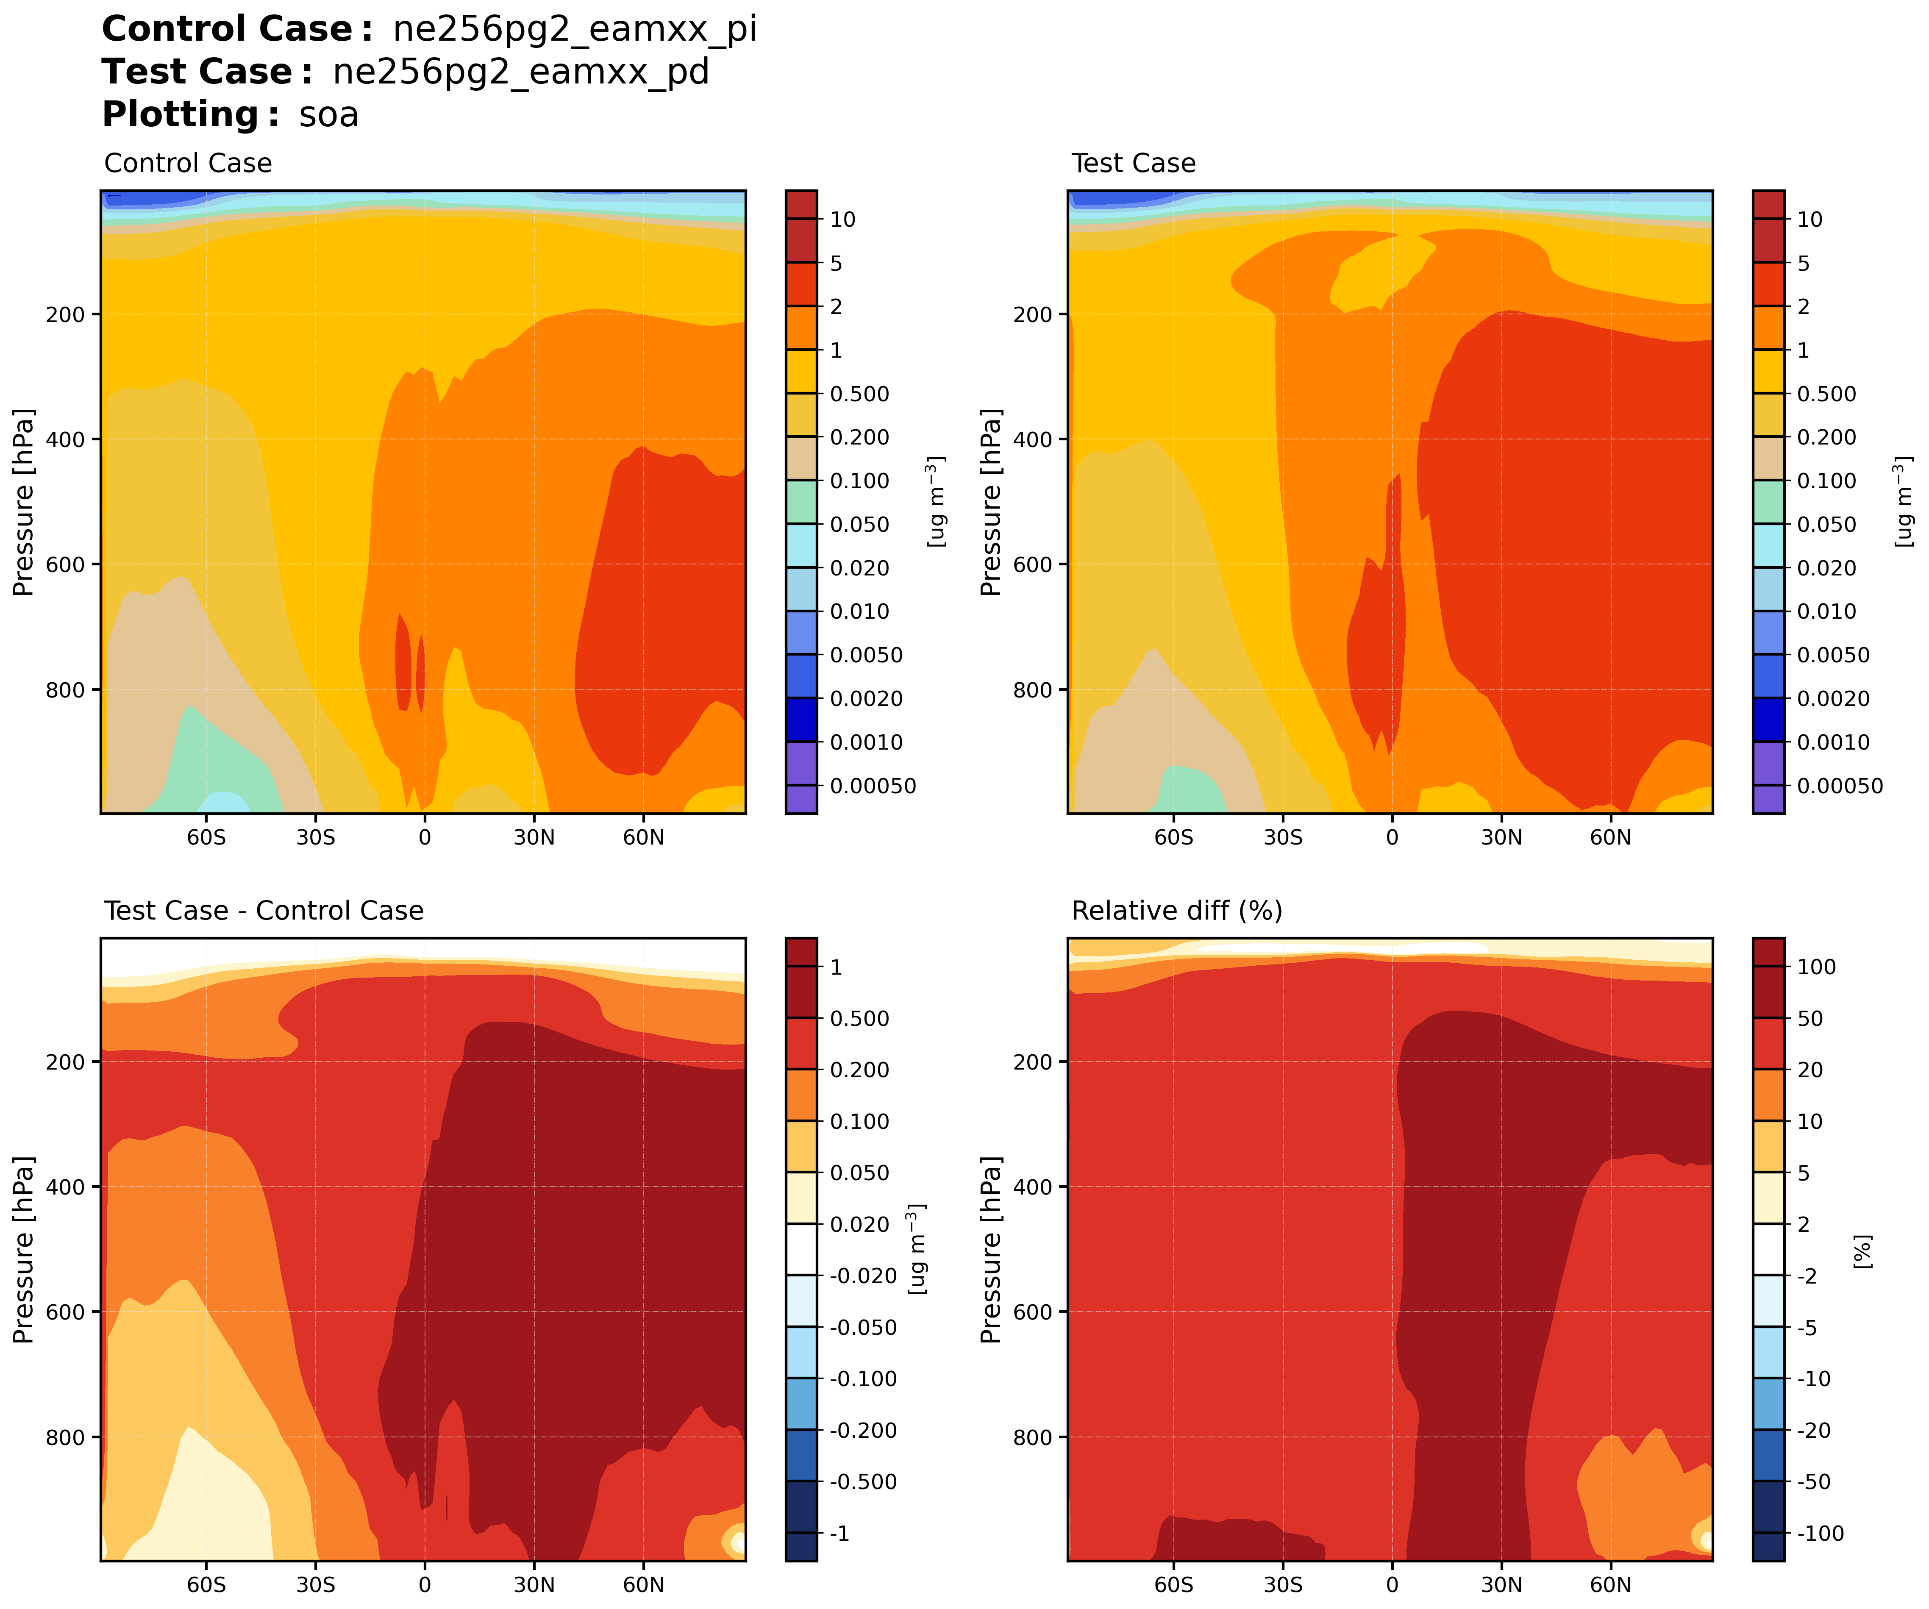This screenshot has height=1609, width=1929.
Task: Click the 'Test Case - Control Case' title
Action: click(264, 911)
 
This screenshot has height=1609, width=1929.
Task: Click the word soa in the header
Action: click(329, 116)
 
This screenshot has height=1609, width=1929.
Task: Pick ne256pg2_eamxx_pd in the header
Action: click(521, 72)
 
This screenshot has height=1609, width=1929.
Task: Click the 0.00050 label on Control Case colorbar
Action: click(873, 786)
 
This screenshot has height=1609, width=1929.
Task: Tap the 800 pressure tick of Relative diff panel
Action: click(1032, 1437)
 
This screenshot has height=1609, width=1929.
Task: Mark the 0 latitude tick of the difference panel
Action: click(424, 1585)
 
